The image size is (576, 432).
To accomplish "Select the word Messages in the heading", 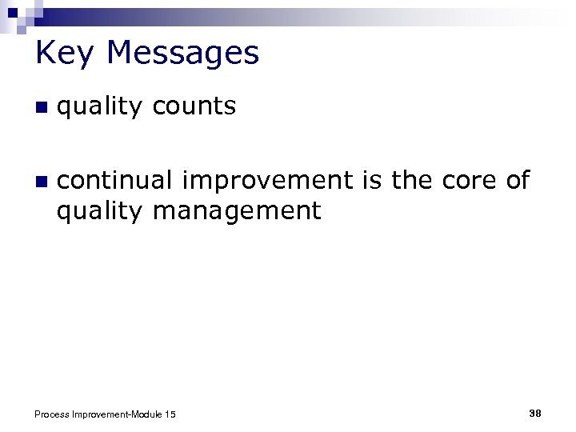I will [x=182, y=54].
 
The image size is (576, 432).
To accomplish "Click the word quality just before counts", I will [x=99, y=108].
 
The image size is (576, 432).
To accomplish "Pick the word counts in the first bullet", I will [x=194, y=106].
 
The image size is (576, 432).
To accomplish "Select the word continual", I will [x=115, y=181].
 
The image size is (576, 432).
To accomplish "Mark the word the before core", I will [x=411, y=181].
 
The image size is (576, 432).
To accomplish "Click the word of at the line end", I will [x=518, y=181].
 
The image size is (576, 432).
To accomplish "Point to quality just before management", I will [x=99, y=213].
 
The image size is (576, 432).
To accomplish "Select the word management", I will [x=236, y=213].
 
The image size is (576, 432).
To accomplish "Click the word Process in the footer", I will [x=53, y=414].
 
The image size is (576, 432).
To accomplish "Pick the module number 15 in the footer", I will [x=170, y=414].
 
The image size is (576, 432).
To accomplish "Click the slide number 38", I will [x=535, y=413].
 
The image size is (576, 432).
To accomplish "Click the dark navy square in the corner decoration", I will [x=12, y=12].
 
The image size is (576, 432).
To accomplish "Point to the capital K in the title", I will [x=46, y=54].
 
